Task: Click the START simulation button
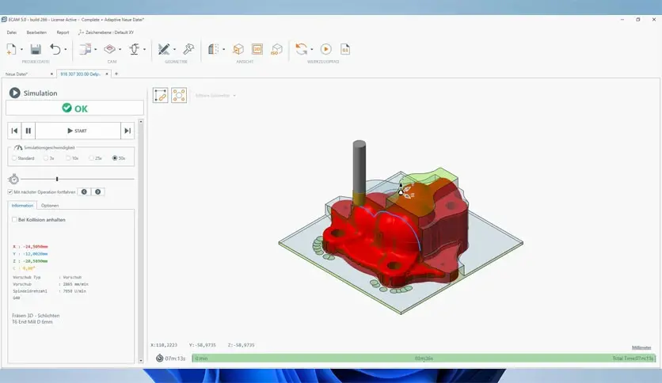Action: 77,131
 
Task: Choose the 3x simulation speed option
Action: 46,158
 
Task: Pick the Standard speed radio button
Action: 14,158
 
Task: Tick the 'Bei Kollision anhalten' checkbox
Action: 14,219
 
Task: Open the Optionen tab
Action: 50,205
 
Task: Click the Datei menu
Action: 12,32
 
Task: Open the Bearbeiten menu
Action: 36,32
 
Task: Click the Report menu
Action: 63,32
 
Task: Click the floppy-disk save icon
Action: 36,49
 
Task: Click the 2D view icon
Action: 257,49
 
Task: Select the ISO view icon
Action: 276,49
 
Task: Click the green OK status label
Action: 75,108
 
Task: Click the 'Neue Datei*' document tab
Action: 17,74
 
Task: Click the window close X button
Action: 652,19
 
